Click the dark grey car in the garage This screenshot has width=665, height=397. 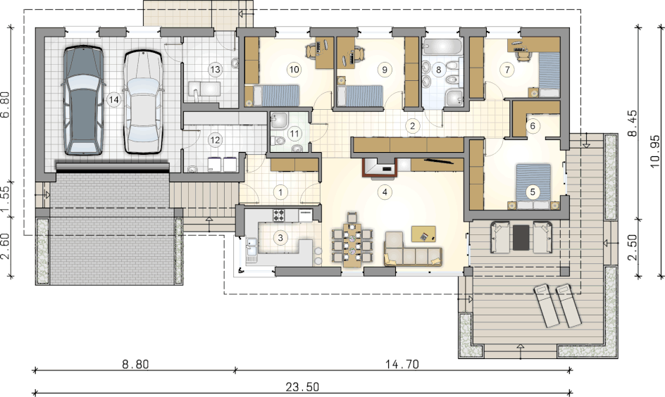[83, 100]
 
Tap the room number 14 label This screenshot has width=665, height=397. [113, 99]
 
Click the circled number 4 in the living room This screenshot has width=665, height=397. [385, 192]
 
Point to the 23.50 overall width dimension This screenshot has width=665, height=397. [302, 386]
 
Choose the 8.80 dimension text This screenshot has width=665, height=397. [135, 364]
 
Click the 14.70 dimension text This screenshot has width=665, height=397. [402, 364]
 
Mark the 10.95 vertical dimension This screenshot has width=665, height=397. [655, 151]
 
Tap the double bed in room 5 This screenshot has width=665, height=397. [533, 187]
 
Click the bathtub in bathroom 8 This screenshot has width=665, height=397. [442, 46]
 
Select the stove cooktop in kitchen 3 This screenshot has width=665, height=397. [279, 215]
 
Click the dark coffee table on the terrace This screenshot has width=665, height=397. [521, 237]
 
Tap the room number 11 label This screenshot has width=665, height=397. [294, 134]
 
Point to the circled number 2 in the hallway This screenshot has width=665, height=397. [412, 125]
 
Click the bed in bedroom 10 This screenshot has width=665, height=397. [273, 95]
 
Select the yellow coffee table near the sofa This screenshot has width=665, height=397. [423, 234]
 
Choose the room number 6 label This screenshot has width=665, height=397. [533, 125]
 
